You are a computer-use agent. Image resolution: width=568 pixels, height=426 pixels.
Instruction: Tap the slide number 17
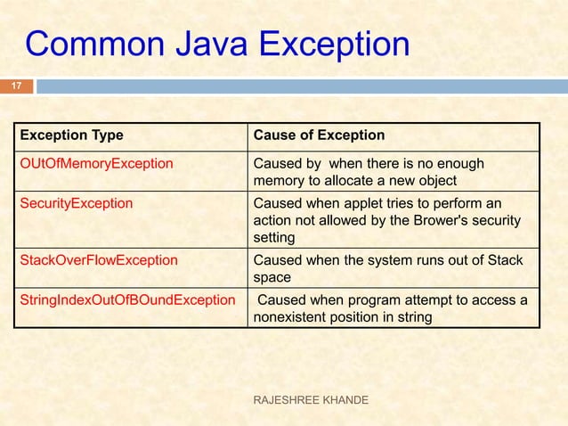(x=15, y=86)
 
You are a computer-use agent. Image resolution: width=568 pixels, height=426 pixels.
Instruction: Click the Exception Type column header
(x=72, y=135)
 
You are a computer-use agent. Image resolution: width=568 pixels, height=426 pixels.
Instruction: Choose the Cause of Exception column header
(x=320, y=135)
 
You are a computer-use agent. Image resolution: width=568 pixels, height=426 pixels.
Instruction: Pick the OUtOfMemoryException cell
(x=97, y=164)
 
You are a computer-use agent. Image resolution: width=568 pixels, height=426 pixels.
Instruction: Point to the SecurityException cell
(x=77, y=202)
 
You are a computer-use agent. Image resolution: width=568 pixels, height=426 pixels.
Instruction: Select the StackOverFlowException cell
(x=99, y=260)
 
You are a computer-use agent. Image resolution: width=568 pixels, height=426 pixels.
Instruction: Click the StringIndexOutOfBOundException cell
(x=128, y=299)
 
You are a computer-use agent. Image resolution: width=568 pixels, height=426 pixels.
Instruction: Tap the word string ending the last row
(x=411, y=316)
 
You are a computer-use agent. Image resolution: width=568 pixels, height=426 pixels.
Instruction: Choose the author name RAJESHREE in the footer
(x=287, y=401)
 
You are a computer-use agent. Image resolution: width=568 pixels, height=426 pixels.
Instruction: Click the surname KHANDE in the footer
(x=350, y=401)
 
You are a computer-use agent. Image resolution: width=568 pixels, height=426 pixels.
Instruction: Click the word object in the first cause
(x=434, y=182)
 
